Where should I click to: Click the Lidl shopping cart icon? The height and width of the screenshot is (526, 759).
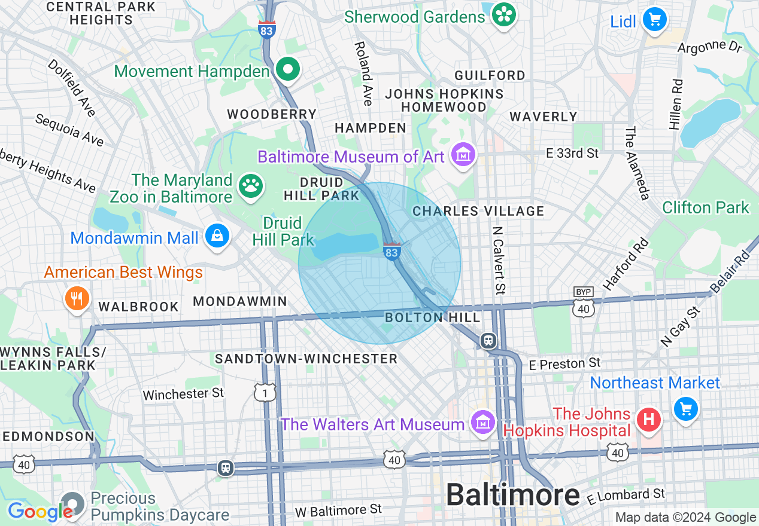655,20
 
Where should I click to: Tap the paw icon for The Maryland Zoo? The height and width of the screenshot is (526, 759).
251,187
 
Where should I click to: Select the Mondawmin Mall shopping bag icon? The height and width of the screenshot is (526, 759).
216,237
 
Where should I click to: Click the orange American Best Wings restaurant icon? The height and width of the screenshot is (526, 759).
77,298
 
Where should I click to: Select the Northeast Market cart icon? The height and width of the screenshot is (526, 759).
686,409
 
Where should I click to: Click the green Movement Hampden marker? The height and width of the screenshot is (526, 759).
288,70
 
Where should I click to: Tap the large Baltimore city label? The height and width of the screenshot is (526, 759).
512,495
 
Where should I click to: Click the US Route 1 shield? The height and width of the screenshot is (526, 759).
264,392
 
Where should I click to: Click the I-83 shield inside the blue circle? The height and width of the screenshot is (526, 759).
391,251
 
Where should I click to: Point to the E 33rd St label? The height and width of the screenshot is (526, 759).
572,154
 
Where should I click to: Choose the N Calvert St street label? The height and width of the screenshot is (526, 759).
499,260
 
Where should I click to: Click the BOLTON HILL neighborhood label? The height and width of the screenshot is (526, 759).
433,317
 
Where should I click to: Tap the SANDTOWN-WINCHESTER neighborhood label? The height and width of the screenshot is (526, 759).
306,359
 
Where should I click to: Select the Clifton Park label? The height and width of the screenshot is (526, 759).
706,207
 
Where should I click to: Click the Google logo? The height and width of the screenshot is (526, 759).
41,512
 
